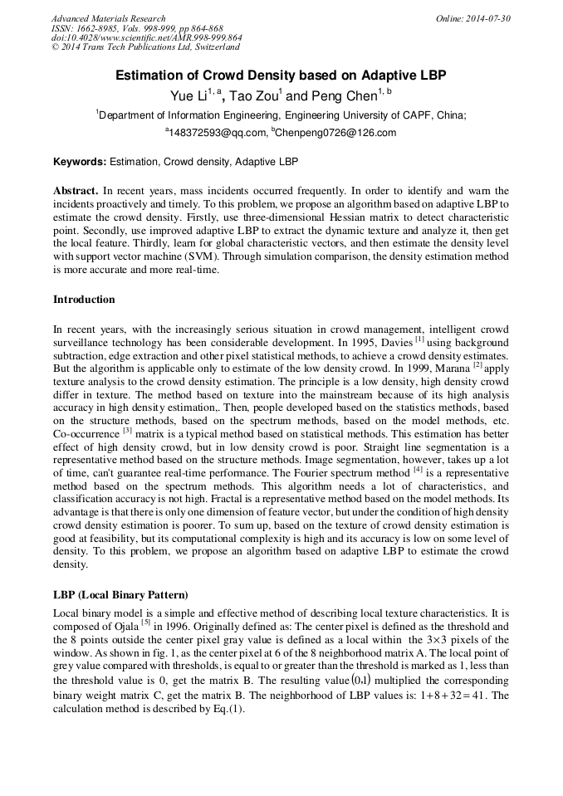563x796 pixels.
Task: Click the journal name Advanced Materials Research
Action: [x=108, y=18]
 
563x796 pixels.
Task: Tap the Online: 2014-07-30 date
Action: [x=472, y=18]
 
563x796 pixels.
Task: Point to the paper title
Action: [x=281, y=75]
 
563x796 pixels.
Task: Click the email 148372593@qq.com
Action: [x=218, y=133]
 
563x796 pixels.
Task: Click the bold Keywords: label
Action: [x=80, y=161]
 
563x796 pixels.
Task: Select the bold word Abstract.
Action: [x=76, y=190]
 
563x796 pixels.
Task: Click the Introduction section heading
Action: [x=84, y=300]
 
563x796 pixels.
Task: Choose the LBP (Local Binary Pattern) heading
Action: [x=120, y=595]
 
